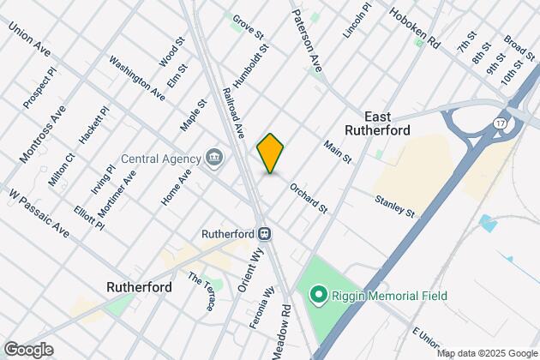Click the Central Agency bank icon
tap(214, 158)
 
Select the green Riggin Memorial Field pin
tap(318, 297)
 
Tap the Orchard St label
tap(309, 197)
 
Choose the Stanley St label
tap(394, 206)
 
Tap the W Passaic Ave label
tap(39, 213)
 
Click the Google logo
tap(28, 349)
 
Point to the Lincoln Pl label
tap(357, 20)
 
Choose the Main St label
tap(339, 153)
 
